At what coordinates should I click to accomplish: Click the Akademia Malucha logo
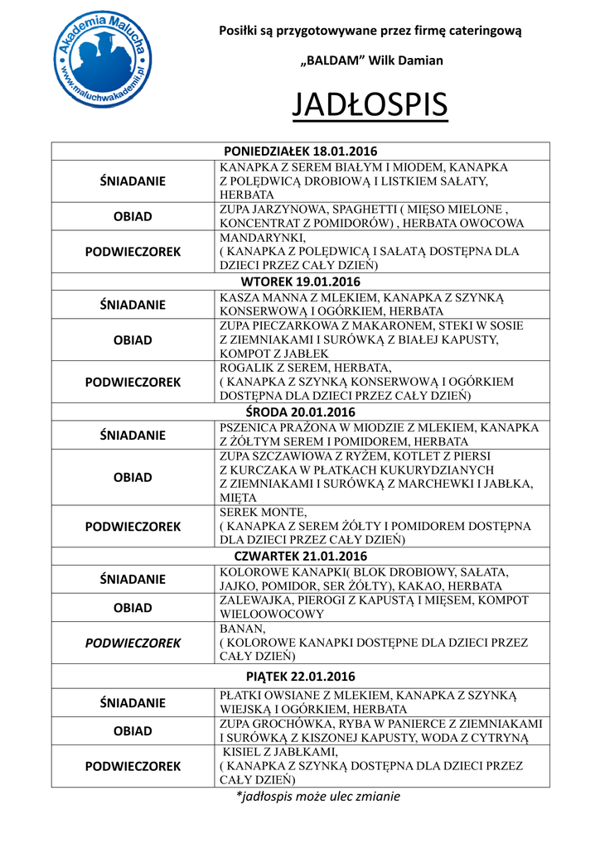click(101, 62)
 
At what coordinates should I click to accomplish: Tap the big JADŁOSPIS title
click(370, 105)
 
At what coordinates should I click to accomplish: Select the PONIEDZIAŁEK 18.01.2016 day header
click(301, 151)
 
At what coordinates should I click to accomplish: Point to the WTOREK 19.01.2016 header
click(301, 282)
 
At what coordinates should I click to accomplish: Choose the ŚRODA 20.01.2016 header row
click(301, 412)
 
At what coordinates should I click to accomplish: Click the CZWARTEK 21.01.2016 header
click(301, 556)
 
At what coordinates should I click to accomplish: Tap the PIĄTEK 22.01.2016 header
click(301, 677)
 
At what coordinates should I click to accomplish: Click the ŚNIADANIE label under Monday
click(133, 181)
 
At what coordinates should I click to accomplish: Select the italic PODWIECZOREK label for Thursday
click(133, 643)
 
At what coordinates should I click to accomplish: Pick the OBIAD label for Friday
click(133, 731)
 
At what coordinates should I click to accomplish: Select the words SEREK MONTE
click(263, 512)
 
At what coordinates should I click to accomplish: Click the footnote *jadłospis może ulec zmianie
click(318, 797)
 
